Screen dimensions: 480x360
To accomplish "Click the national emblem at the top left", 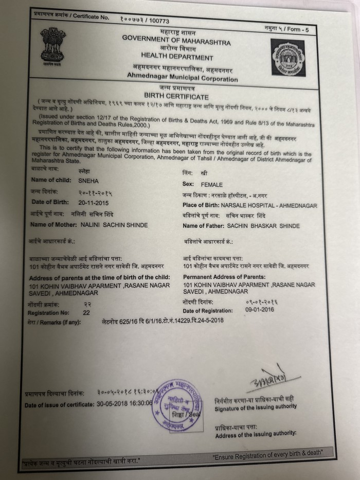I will coord(53,48).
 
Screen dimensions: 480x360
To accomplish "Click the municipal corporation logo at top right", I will coord(288,57).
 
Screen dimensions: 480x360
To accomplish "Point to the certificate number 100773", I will coord(159,21).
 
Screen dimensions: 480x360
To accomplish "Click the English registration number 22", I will coord(86,312).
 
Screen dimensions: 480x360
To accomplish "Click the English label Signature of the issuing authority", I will coord(256,406).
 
